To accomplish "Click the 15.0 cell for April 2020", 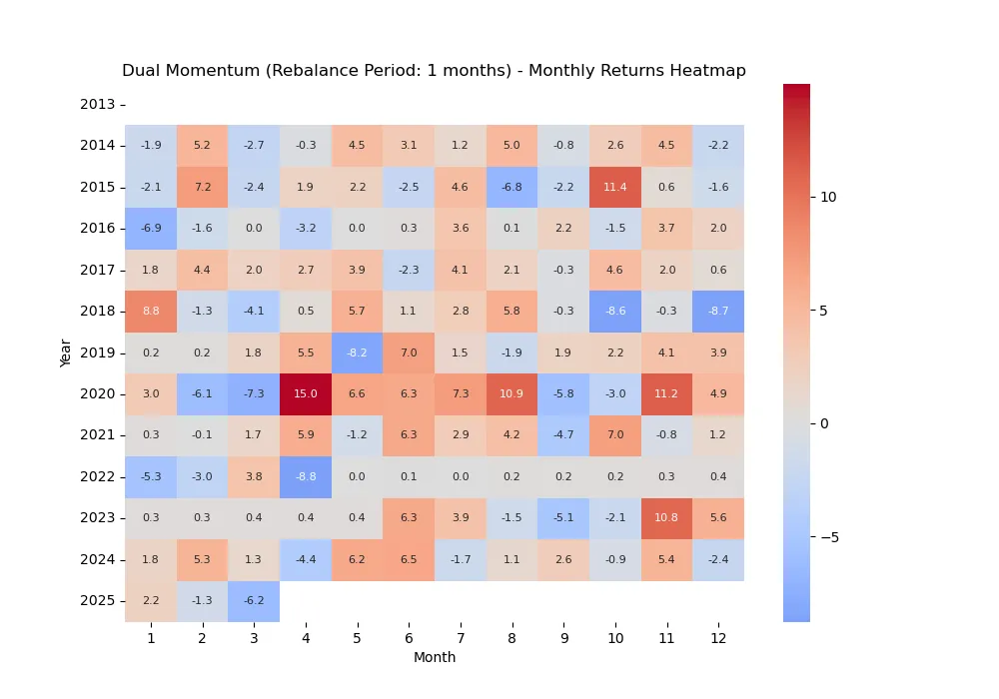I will pyautogui.click(x=306, y=394).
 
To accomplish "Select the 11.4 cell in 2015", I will pyautogui.click(x=615, y=187).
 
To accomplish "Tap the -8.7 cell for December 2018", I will pyautogui.click(x=718, y=312).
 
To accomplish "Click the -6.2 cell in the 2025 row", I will pyautogui.click(x=254, y=601).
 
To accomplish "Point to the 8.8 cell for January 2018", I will pyautogui.click(x=151, y=312).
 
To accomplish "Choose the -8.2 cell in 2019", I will pyautogui.click(x=357, y=352).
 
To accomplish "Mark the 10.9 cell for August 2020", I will pyautogui.click(x=511, y=394).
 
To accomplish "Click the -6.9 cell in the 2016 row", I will pyautogui.click(x=151, y=229).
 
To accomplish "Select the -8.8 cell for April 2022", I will pyautogui.click(x=306, y=477).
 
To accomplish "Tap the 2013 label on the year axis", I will pyautogui.click(x=97, y=104).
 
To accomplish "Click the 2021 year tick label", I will pyautogui.click(x=97, y=435).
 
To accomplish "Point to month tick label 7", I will pyautogui.click(x=461, y=637).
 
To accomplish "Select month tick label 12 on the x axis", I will pyautogui.click(x=718, y=637).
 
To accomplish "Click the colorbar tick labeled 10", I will pyautogui.click(x=828, y=197).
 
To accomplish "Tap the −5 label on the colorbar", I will pyautogui.click(x=829, y=537).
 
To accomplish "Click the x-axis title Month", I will pyautogui.click(x=435, y=657).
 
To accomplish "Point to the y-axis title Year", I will pyautogui.click(x=66, y=352).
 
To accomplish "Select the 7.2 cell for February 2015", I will pyautogui.click(x=203, y=187).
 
